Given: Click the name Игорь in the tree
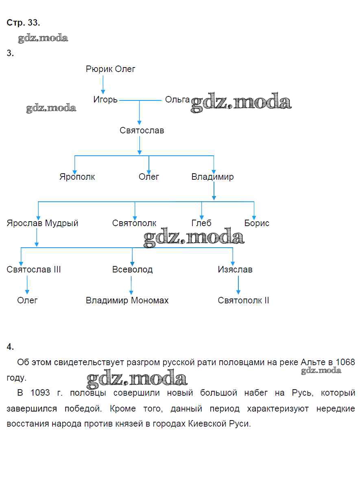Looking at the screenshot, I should click(x=105, y=100).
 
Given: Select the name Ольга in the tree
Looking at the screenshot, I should click(x=177, y=100).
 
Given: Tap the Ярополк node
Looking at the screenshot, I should click(x=77, y=177).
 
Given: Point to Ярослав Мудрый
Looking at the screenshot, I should click(x=42, y=223).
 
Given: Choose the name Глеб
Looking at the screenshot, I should click(x=201, y=223).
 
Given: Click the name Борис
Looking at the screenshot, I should click(x=257, y=223).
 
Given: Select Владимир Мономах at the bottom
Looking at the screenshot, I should click(x=127, y=301).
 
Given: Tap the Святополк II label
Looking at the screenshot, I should click(x=243, y=301).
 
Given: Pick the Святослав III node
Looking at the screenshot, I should click(x=34, y=270).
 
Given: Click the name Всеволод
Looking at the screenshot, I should click(x=133, y=270).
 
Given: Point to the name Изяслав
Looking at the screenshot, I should click(x=235, y=270).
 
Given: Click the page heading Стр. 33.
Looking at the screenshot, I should click(x=23, y=23).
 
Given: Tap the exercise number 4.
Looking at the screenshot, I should click(x=10, y=346).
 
